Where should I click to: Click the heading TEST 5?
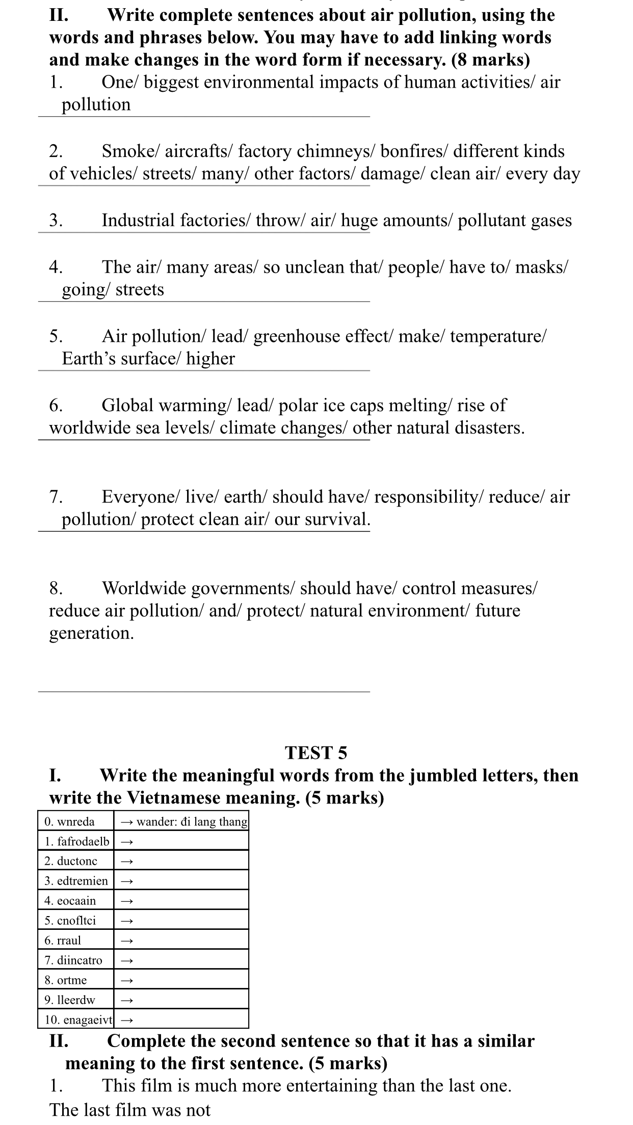(316, 753)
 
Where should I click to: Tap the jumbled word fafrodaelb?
(83, 841)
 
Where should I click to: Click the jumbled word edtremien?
(83, 881)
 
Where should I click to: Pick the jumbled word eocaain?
(76, 901)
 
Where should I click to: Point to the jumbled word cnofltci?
(76, 921)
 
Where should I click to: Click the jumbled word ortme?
(72, 980)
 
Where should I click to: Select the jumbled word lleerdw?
(76, 1000)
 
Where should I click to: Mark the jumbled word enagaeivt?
(84, 1020)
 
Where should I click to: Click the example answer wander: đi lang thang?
(192, 821)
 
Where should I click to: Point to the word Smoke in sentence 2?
(131, 151)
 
